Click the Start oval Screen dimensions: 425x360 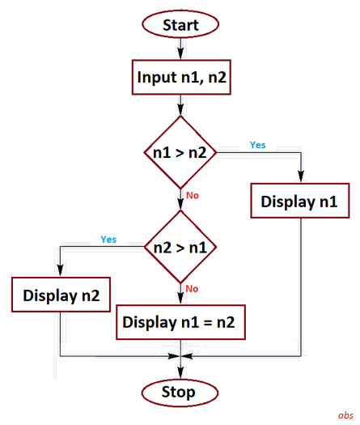(x=180, y=24)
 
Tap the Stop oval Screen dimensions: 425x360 (x=179, y=393)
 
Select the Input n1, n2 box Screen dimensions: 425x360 (x=180, y=78)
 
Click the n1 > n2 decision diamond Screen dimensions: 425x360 (x=180, y=151)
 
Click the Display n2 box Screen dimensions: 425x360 (x=61, y=295)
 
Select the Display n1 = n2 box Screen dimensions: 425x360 (x=179, y=321)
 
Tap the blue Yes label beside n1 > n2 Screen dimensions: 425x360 (x=257, y=145)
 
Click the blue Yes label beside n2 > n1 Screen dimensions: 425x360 (x=108, y=240)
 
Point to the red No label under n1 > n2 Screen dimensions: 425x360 (x=193, y=196)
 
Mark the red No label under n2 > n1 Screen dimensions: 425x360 (x=193, y=288)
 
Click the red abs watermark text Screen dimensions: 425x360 (x=345, y=414)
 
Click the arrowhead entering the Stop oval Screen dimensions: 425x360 (x=180, y=375)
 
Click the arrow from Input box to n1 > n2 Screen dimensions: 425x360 (x=180, y=105)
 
